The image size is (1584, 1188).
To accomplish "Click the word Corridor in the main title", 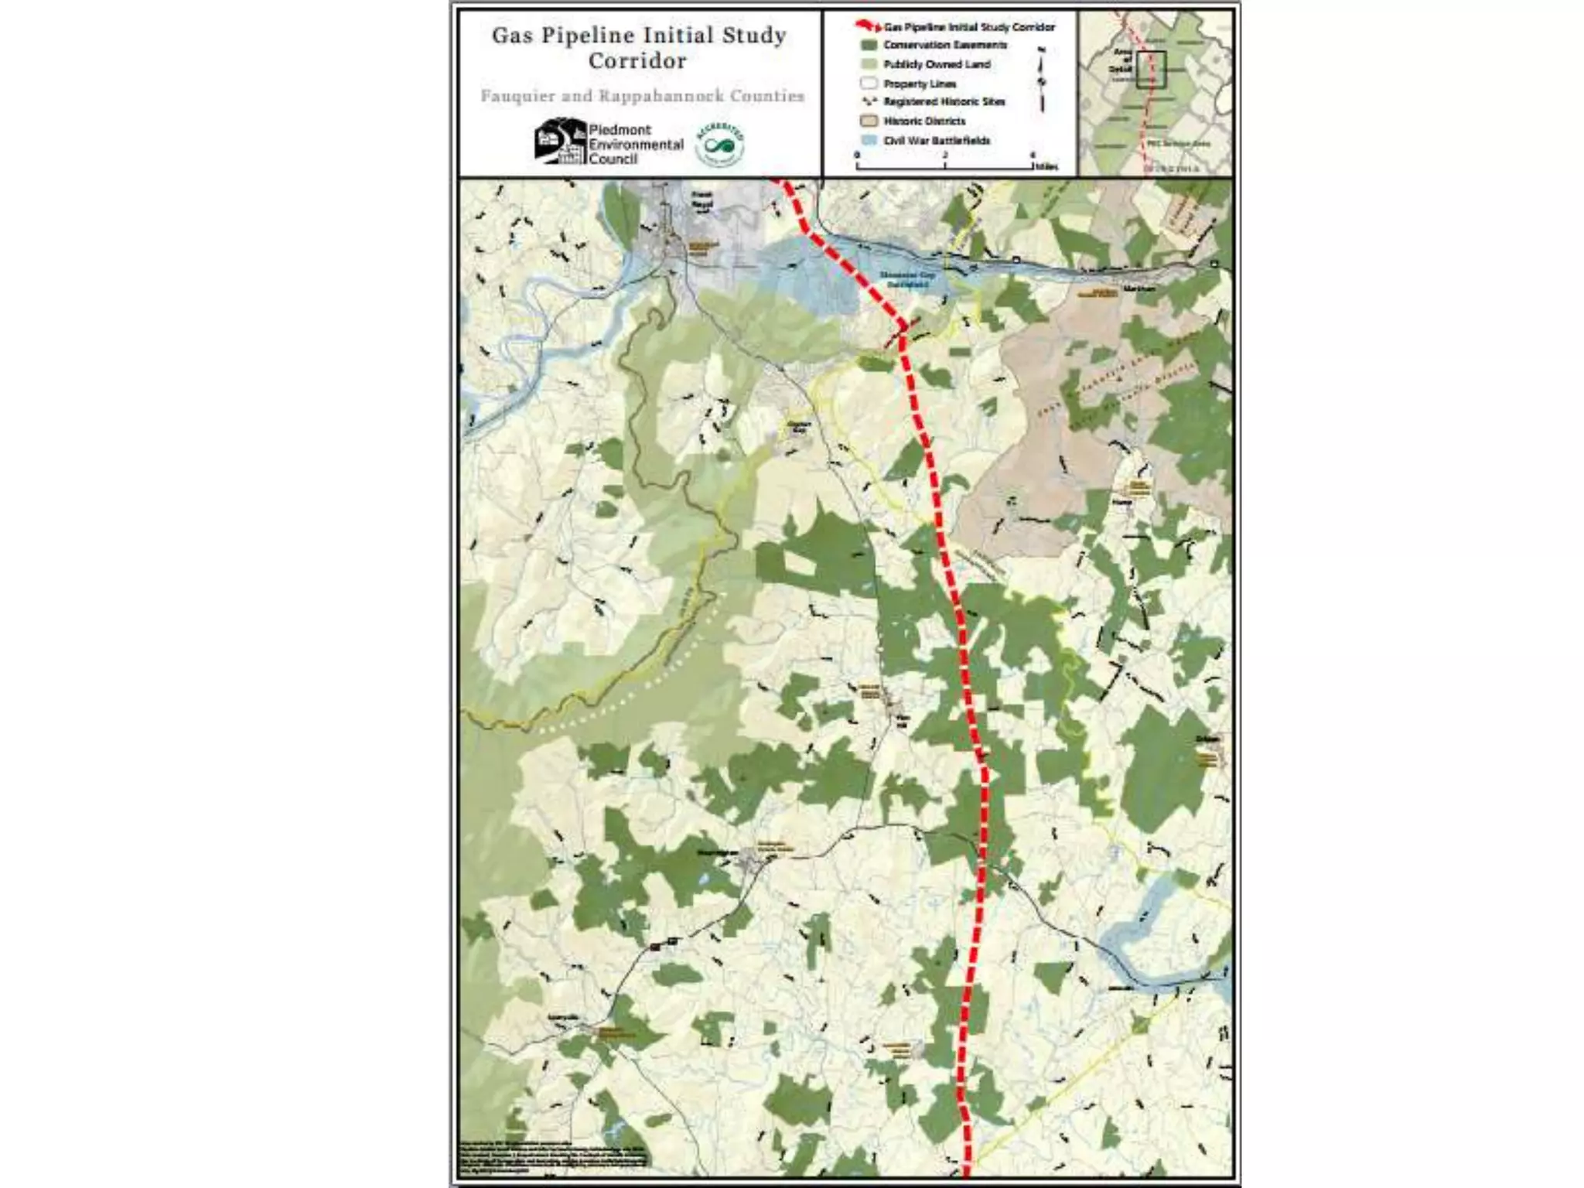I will [x=637, y=61].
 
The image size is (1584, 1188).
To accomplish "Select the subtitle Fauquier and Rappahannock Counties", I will [x=642, y=96].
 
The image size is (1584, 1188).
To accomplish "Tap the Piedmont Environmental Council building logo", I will [x=558, y=141].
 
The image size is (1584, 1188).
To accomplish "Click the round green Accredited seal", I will [x=720, y=144].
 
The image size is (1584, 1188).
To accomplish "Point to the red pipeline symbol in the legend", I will [x=868, y=27].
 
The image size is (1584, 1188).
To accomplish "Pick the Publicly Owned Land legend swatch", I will [x=869, y=64].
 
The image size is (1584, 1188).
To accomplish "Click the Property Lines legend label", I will [x=920, y=84].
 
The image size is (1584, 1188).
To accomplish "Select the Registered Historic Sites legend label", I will [x=944, y=102].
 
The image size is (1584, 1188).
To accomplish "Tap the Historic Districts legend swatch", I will [x=869, y=121].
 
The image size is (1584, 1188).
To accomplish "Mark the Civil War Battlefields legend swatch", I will [x=869, y=141].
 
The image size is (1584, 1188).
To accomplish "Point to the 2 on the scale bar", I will [x=944, y=155].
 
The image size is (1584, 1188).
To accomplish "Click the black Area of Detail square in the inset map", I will [x=1151, y=70].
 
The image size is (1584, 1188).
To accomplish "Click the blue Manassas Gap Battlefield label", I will [x=906, y=279].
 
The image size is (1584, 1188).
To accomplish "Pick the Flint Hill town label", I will [x=901, y=720].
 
